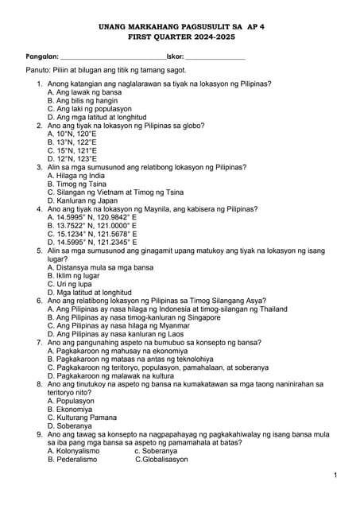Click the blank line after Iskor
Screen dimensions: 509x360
tap(215, 58)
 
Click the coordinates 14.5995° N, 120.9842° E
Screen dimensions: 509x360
tap(91, 217)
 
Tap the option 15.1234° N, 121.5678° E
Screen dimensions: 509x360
tap(91, 234)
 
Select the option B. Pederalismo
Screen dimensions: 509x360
tap(77, 460)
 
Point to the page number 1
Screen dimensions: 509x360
tap(336, 475)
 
